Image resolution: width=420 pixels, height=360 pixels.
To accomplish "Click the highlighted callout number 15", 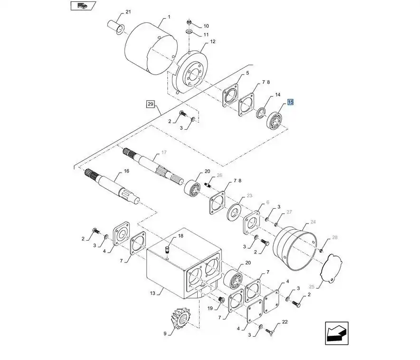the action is (x=290, y=102).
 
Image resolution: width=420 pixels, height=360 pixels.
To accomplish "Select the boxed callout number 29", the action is (x=151, y=104).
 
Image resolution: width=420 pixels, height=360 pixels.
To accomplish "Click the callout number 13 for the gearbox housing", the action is (x=153, y=293).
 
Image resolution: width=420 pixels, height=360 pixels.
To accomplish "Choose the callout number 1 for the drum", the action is (x=169, y=17).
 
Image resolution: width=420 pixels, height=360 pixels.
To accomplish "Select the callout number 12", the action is (x=213, y=41).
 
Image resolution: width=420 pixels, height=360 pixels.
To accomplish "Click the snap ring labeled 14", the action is (x=261, y=113).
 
